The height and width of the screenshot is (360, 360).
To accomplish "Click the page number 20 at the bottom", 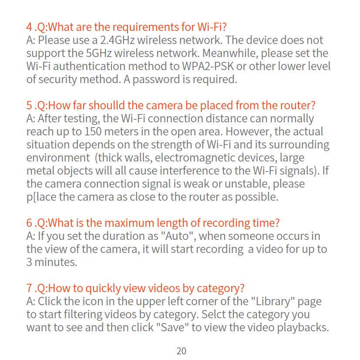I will pyautogui.click(x=182, y=351).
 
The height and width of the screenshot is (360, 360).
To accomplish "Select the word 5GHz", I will pyautogui.click(x=98, y=54).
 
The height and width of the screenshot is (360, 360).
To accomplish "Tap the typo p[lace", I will pyautogui.click(x=41, y=197).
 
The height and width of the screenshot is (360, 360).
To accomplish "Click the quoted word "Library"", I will pyautogui.click(x=274, y=301).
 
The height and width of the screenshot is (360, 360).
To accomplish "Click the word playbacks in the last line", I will pyautogui.click(x=302, y=327).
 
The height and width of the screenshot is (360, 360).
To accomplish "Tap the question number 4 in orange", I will pyautogui.click(x=29, y=27).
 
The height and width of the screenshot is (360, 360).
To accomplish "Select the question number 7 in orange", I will pyautogui.click(x=29, y=289).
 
